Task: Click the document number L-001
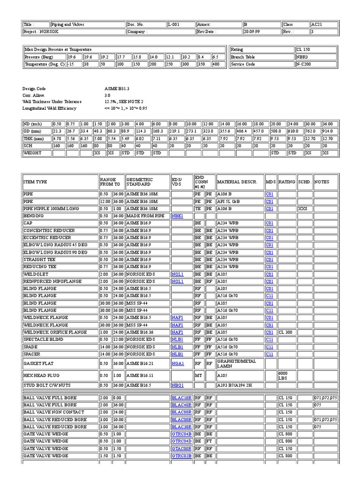(x=173, y=24)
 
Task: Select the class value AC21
(x=317, y=24)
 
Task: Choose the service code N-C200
(x=304, y=64)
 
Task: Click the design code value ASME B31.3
(x=117, y=88)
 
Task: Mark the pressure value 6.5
(x=215, y=57)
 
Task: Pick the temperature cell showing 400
(x=216, y=64)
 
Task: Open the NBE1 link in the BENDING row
(x=177, y=216)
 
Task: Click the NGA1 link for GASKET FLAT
(x=177, y=363)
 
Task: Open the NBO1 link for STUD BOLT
(x=177, y=385)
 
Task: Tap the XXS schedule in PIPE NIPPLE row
(x=302, y=209)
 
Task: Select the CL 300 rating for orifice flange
(x=285, y=332)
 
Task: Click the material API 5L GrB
(x=228, y=201)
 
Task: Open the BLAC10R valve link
(x=181, y=398)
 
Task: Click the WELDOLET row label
(x=35, y=274)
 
